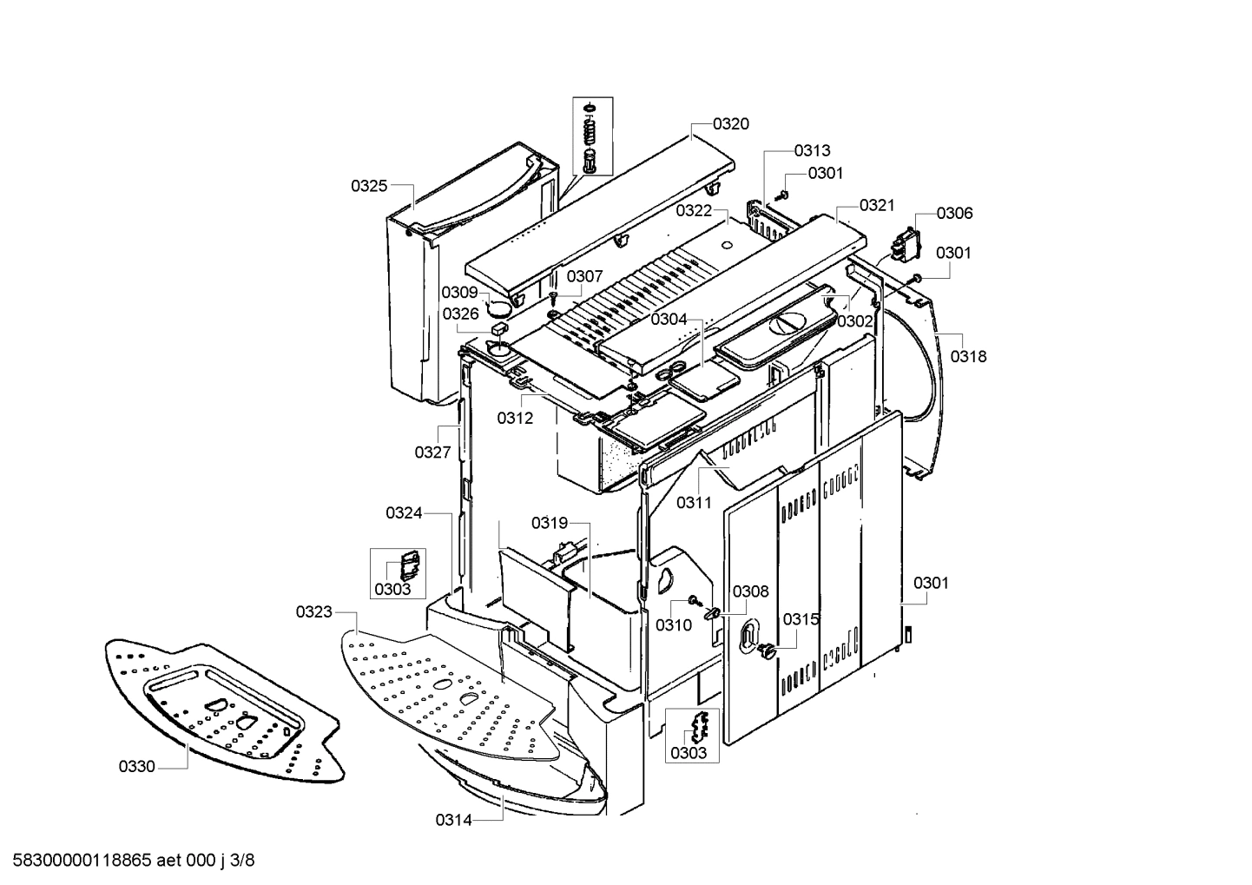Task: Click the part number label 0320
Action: [730, 124]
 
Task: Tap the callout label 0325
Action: [369, 186]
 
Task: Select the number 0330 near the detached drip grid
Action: [137, 767]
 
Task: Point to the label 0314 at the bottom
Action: [454, 820]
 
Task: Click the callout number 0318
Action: [968, 356]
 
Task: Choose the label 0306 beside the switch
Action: [954, 213]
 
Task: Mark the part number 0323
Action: [313, 612]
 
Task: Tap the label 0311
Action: [694, 502]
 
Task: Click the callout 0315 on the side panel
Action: [801, 619]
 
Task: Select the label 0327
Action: [432, 452]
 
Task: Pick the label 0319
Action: [550, 523]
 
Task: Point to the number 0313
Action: [812, 150]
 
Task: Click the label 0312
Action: [515, 418]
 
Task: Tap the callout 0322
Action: [694, 211]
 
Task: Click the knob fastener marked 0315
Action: [766, 651]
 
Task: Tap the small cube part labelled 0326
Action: [498, 328]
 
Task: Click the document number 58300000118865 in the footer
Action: [77, 861]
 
